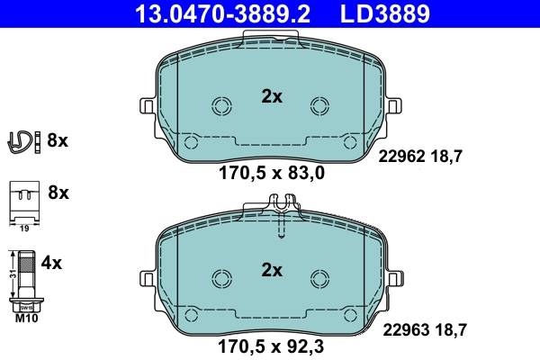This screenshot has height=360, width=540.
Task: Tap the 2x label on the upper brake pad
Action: [271, 97]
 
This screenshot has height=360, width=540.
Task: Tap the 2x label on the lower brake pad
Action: [271, 270]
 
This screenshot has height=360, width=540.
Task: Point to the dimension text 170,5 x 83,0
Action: [272, 174]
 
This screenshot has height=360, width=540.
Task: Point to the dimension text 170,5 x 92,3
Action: [272, 345]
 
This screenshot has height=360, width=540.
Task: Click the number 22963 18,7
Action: [423, 331]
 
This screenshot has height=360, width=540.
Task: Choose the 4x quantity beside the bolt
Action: [52, 264]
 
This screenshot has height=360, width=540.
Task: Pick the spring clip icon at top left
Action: [22, 140]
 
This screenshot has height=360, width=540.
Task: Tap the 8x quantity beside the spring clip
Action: [58, 140]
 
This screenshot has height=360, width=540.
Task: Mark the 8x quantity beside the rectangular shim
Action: [58, 193]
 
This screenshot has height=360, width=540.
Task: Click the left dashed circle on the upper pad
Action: [220, 106]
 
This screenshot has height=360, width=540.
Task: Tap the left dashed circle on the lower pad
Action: [220, 279]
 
